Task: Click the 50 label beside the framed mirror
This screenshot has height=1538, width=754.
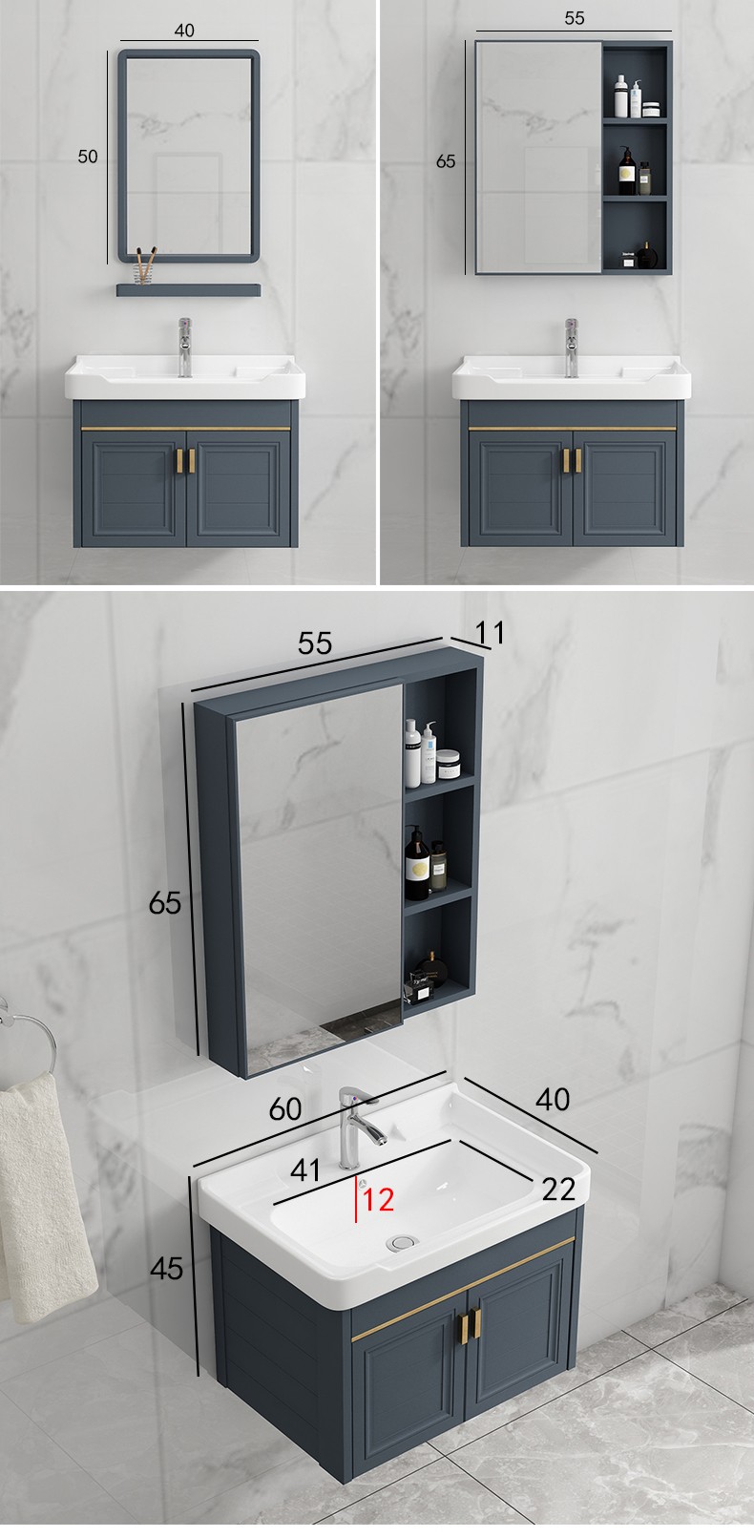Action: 88,157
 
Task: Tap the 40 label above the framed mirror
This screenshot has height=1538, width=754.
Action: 184,31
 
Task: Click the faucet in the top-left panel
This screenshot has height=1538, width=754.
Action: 184,348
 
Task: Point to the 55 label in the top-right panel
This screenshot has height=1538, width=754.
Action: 574,18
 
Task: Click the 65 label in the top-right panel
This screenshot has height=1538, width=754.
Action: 446,160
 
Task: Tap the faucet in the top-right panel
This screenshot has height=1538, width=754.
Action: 571,348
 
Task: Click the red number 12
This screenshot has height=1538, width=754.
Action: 378,1200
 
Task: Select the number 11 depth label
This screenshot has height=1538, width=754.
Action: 491,632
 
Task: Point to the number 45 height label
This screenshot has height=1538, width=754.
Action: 166,1268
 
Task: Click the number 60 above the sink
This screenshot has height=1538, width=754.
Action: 285,1109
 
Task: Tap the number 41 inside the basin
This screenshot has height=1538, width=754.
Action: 304,1170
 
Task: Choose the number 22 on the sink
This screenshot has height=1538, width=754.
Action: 558,1190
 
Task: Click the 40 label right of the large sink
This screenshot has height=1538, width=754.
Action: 553,1099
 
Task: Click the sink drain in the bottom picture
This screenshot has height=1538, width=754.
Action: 402,1241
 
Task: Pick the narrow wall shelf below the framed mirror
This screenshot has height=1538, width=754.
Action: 188,290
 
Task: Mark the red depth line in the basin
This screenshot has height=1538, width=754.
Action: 356,1199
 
